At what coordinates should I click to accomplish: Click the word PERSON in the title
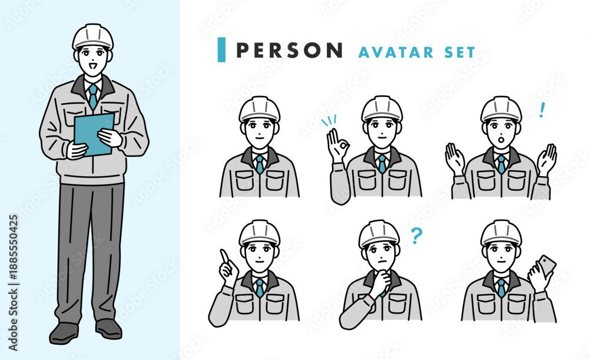[x=289, y=50]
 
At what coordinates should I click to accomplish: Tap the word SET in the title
[x=460, y=52]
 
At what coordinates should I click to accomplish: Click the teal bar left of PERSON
[x=221, y=49]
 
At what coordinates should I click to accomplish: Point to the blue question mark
[x=416, y=235]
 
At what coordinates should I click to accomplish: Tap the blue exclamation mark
[x=542, y=110]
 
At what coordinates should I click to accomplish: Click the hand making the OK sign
[x=337, y=146]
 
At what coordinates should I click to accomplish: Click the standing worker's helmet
[x=93, y=37]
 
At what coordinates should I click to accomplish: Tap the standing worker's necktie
[x=93, y=96]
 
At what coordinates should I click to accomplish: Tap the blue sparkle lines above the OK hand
[x=329, y=121]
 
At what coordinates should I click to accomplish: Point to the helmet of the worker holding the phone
[x=501, y=233]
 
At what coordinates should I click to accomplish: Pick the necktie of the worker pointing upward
[x=260, y=288]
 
